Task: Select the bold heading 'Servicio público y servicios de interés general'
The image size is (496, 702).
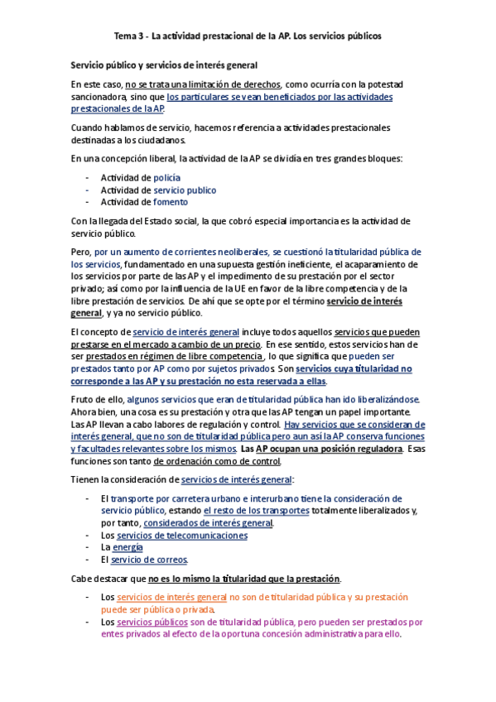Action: (x=164, y=65)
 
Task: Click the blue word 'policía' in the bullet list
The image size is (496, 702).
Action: (x=166, y=178)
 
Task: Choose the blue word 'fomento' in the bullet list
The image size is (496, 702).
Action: (x=171, y=201)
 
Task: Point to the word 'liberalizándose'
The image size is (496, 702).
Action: (x=387, y=399)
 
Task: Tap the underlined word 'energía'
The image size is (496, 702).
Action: (x=128, y=547)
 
